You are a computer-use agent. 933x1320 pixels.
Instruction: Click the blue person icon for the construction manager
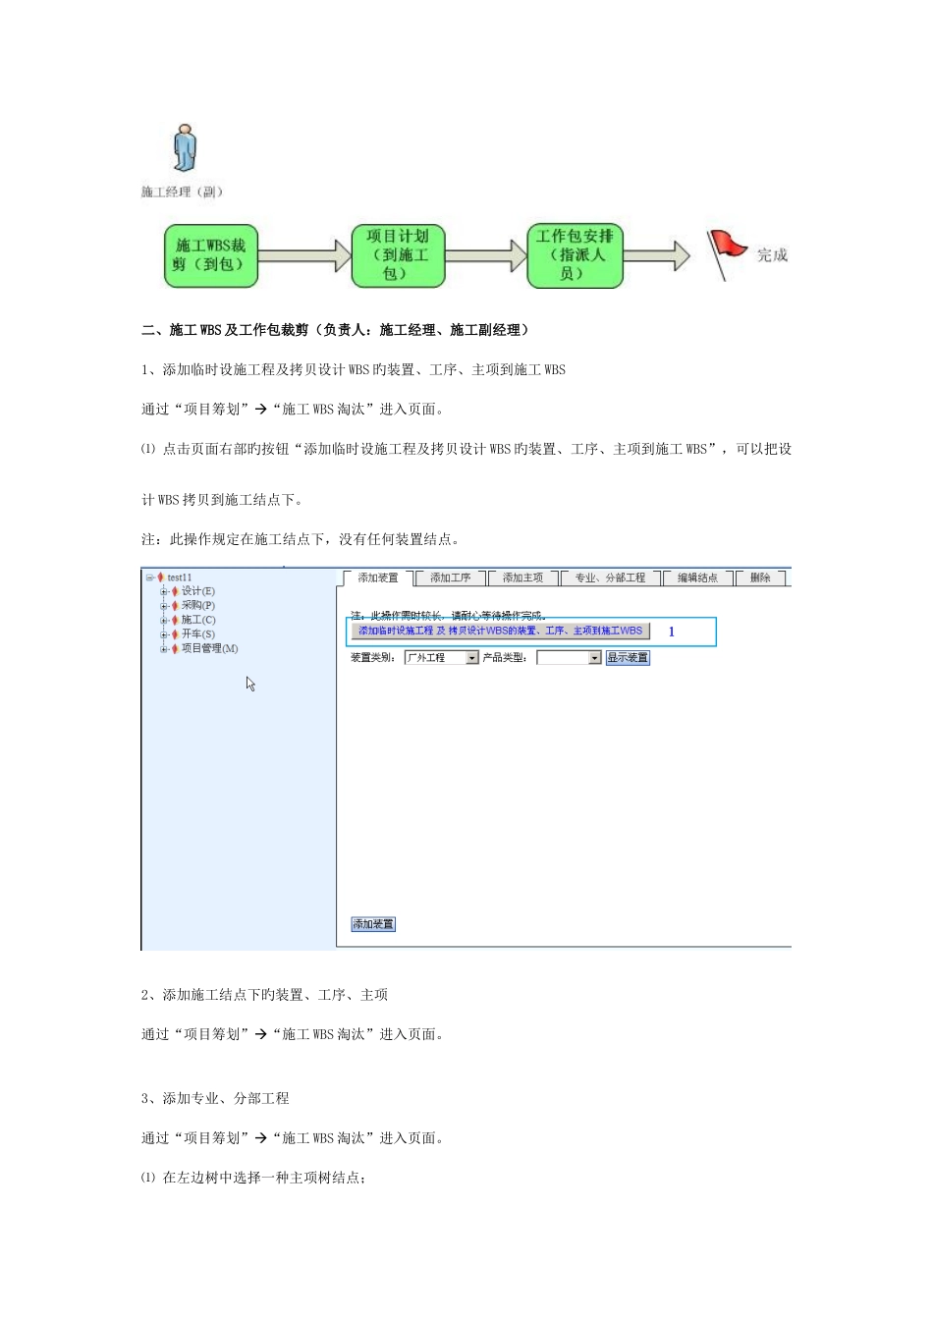(185, 148)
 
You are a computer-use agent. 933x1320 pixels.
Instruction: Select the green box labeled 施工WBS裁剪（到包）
(210, 255)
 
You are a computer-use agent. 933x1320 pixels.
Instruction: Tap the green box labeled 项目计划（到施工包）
(398, 255)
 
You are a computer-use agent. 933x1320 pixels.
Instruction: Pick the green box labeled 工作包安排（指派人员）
(575, 255)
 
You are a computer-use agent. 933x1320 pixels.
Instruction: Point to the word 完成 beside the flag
(772, 255)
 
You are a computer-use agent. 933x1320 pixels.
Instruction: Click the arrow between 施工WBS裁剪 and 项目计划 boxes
(303, 256)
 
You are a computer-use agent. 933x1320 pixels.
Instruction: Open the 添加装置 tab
(378, 577)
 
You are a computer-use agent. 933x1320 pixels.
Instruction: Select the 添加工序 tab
(451, 577)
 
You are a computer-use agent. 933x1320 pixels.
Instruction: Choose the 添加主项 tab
(523, 577)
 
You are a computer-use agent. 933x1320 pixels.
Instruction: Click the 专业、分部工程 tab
(611, 577)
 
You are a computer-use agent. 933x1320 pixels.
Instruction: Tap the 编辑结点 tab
(698, 577)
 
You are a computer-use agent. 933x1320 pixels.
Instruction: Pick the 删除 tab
(761, 577)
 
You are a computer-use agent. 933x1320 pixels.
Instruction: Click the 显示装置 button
(628, 658)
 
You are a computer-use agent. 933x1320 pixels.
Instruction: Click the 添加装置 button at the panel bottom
(373, 924)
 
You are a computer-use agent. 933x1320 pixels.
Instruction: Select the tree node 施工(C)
(198, 620)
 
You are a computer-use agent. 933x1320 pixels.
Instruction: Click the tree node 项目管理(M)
(209, 648)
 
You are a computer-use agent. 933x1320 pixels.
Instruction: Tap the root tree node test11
(180, 577)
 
